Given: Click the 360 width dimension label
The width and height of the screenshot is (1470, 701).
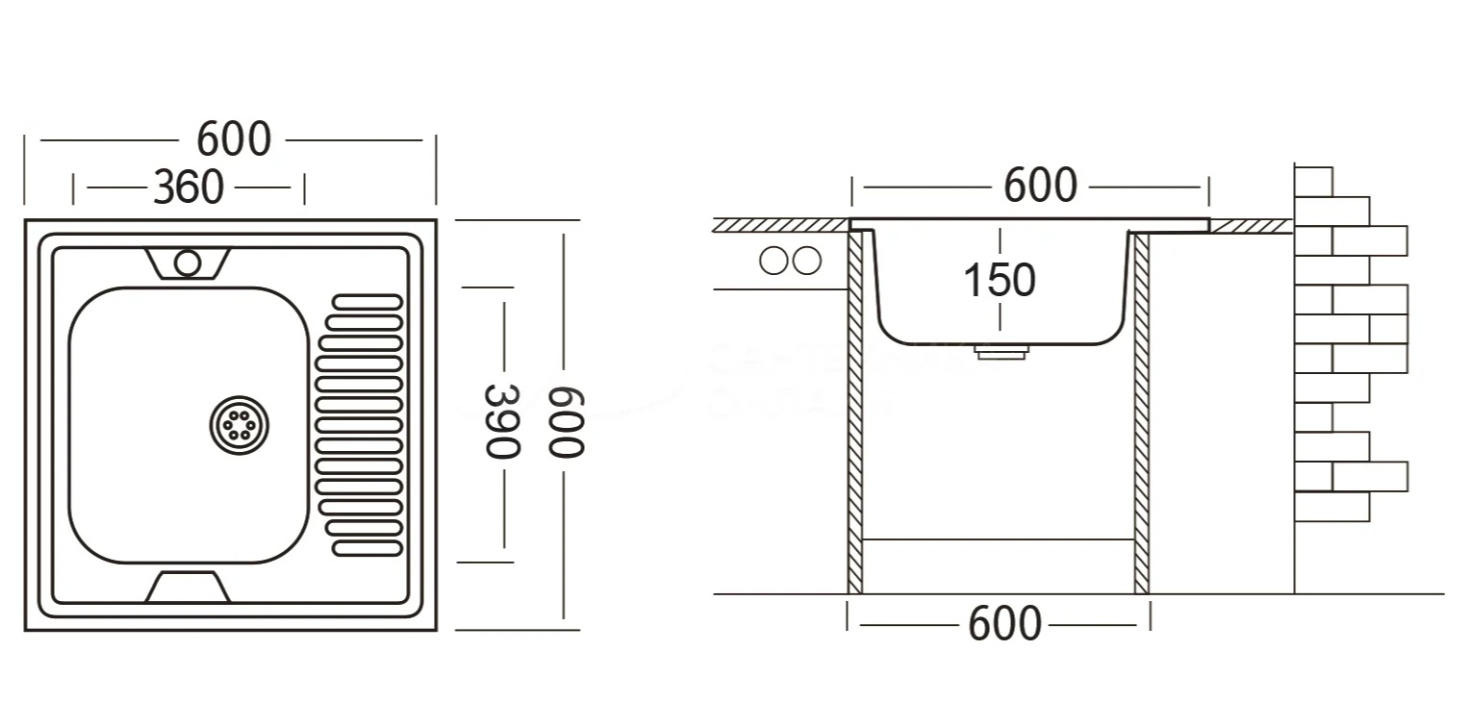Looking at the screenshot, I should click(x=189, y=187).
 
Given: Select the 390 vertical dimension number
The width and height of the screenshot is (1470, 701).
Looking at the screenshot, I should click(x=501, y=421).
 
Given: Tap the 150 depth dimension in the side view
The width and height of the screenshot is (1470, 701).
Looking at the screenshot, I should click(x=1000, y=280).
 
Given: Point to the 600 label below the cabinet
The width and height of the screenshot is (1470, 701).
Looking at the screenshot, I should click(x=1004, y=624).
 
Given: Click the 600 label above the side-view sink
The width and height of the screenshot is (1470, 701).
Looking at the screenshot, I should click(x=1040, y=186).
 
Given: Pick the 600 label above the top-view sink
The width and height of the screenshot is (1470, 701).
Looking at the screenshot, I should click(x=234, y=140).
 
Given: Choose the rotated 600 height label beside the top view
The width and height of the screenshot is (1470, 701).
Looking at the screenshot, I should click(x=567, y=421).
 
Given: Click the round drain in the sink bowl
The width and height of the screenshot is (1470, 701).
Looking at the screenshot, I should click(x=240, y=423).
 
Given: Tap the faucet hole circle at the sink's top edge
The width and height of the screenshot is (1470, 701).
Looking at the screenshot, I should click(x=188, y=263).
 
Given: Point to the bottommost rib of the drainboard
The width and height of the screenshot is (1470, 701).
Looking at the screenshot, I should click(x=367, y=548).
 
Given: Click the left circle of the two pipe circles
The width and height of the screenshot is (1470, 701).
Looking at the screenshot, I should click(x=773, y=261).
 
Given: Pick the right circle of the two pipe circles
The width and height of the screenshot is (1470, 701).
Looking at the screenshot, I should click(x=807, y=261).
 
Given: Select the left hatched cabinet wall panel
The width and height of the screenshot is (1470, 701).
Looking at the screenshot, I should click(x=855, y=413).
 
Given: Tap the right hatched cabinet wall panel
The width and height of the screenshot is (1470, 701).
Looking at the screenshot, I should click(x=1141, y=413).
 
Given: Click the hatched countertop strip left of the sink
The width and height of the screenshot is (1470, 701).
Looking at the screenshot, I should click(x=779, y=225).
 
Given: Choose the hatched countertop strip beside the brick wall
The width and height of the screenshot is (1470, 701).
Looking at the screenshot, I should click(x=1251, y=225).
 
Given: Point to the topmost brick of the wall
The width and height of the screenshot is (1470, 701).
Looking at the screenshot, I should click(x=1314, y=181).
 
